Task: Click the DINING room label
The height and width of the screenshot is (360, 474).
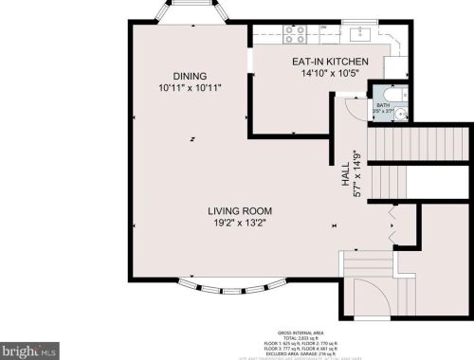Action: tap(190, 76)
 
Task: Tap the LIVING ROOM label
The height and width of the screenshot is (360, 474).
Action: tap(241, 210)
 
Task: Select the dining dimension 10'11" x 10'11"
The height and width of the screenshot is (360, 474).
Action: tap(190, 89)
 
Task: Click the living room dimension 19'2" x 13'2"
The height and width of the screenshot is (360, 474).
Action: tap(241, 224)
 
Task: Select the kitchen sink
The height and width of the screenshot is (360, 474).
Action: tap(358, 34)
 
